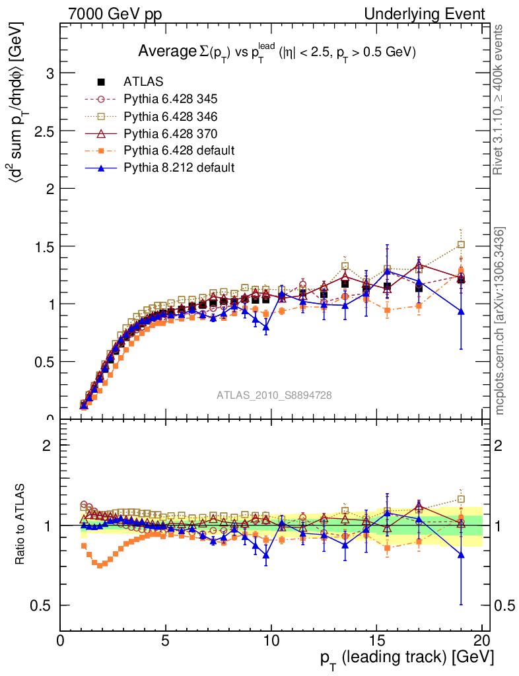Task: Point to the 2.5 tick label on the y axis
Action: [x=44, y=131]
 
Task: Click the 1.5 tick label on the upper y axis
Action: [x=44, y=246]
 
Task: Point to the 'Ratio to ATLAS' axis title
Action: [x=21, y=525]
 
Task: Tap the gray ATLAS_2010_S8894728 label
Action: [x=274, y=395]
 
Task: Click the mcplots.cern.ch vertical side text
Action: [x=500, y=321]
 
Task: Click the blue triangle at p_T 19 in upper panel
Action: [x=461, y=311]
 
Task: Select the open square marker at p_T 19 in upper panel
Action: [x=461, y=245]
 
